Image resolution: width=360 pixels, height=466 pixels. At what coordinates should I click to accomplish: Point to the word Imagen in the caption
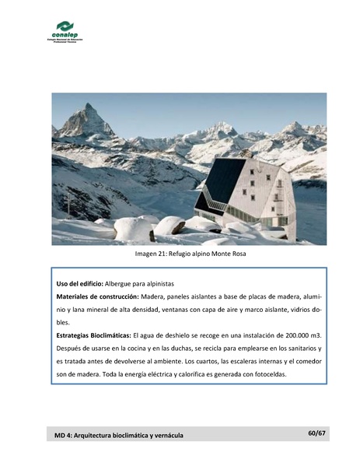[x=149, y=254]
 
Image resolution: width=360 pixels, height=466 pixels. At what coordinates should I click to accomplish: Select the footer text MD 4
[x=65, y=435]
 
